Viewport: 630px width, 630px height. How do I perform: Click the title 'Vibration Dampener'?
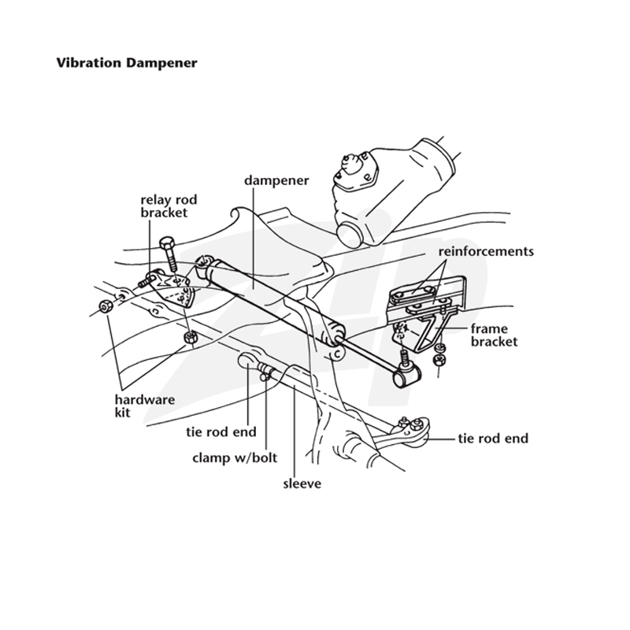tap(127, 63)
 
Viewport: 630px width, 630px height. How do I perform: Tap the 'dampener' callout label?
tap(276, 180)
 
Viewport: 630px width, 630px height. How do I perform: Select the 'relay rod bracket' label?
tap(169, 206)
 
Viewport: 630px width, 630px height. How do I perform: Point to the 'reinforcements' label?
tap(486, 251)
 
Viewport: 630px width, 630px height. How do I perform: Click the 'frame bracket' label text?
tap(495, 335)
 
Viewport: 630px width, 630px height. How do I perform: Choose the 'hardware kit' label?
tap(145, 406)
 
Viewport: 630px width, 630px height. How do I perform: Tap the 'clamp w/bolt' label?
tap(235, 458)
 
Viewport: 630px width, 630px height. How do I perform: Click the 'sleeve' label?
tap(302, 484)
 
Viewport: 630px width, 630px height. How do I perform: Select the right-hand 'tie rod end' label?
tap(493, 439)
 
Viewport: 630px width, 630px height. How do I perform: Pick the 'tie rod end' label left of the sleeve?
tap(221, 432)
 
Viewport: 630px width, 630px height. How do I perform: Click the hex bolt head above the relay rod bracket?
tap(166, 244)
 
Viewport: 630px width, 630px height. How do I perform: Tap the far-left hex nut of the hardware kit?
tap(106, 307)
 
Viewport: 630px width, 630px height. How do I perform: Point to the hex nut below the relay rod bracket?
tap(190, 338)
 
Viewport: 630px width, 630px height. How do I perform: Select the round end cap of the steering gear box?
tap(348, 234)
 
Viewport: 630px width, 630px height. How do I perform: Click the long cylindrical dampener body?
tap(274, 300)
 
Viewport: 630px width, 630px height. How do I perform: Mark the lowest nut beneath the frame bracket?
tap(439, 360)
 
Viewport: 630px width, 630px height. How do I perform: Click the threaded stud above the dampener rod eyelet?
tap(403, 357)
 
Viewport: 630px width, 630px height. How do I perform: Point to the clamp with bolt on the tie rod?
tap(266, 371)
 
